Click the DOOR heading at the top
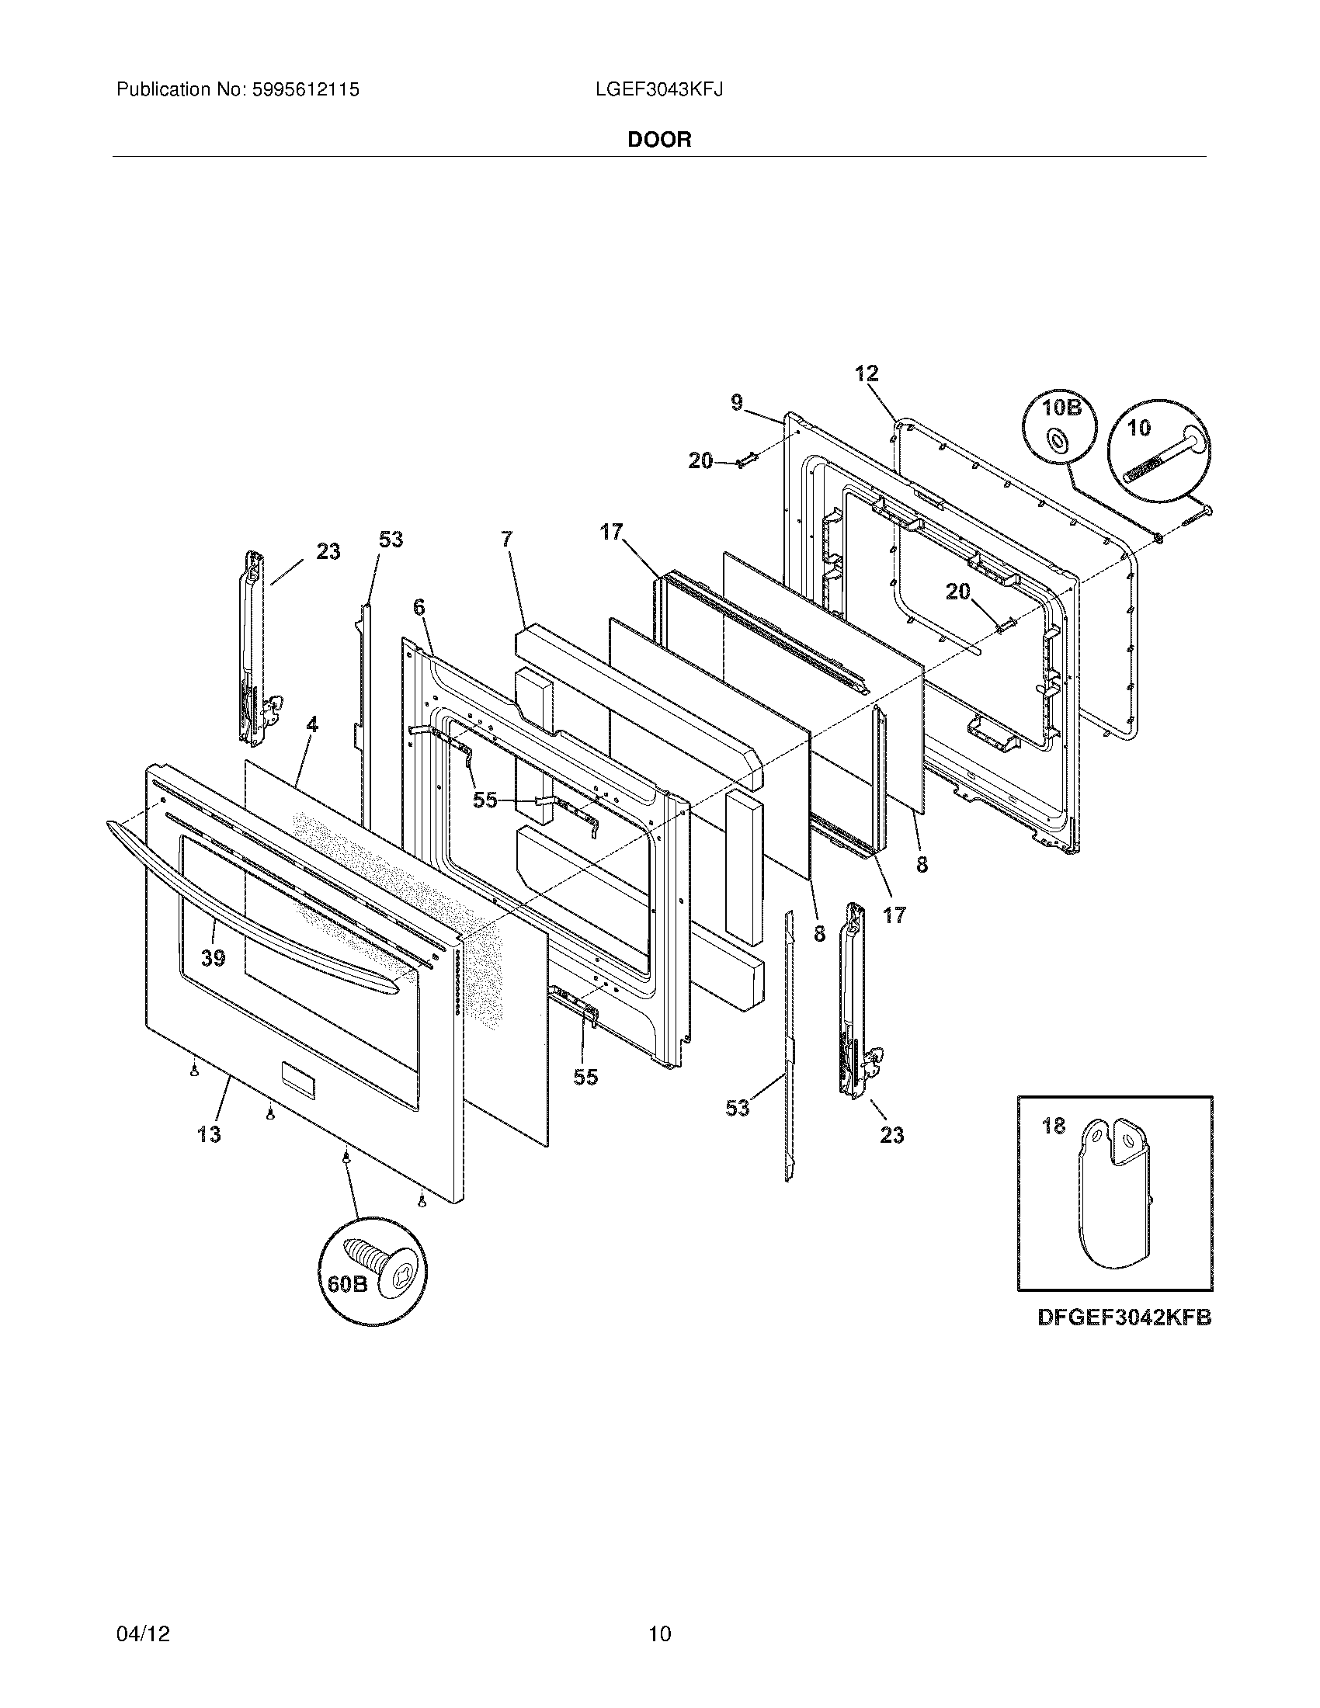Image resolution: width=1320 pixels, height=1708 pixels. [x=659, y=140]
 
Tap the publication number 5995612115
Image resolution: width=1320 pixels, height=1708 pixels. [x=305, y=90]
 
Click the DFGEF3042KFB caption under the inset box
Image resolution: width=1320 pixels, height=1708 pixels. [x=1124, y=1317]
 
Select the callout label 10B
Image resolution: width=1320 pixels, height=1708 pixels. [x=1060, y=408]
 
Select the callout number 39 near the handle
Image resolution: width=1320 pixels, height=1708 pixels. [x=213, y=958]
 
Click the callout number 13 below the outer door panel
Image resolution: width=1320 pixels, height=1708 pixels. [x=209, y=1133]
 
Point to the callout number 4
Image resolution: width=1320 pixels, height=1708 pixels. [x=312, y=725]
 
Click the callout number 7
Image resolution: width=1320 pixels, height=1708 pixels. [x=507, y=539]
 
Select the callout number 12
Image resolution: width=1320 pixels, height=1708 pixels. [x=867, y=374]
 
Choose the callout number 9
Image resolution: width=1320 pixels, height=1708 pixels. [x=737, y=403]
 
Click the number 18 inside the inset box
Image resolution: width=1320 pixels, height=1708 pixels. [x=1054, y=1127]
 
